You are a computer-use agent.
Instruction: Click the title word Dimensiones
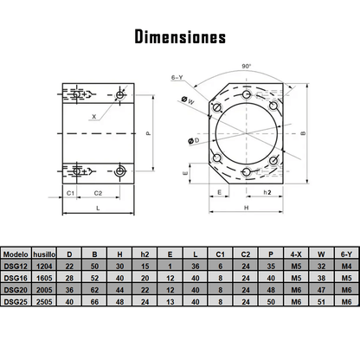180,37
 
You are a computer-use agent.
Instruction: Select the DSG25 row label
16,302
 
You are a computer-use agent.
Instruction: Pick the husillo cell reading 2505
45,302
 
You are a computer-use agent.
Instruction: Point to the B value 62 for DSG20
94,291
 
